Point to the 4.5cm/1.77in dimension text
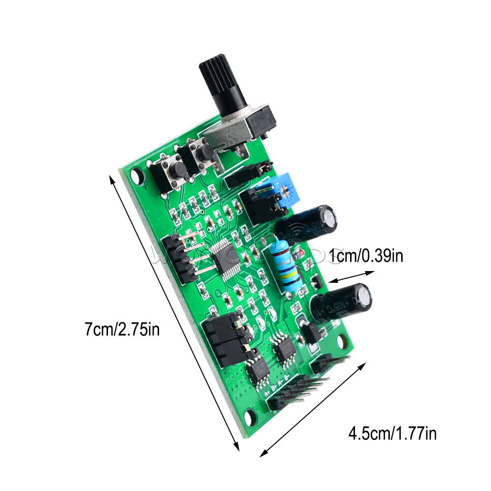[x=392, y=434]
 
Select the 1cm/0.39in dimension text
[x=366, y=256]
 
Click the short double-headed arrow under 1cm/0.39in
[x=347, y=275]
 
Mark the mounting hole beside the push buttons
[x=137, y=175]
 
